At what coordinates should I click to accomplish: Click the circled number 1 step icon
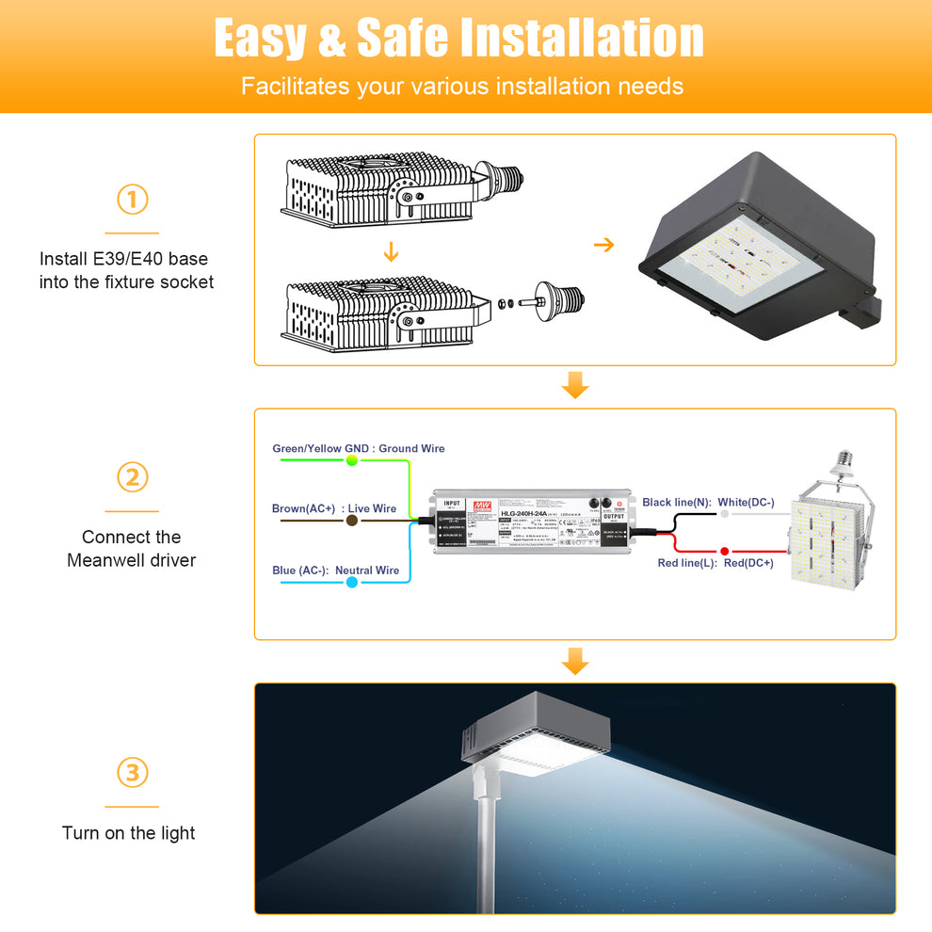pos(132,200)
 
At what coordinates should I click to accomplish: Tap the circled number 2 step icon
pos(132,477)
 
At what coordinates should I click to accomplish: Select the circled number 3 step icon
pos(132,773)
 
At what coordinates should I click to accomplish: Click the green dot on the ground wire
pos(352,460)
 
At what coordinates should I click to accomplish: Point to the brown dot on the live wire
pos(351,520)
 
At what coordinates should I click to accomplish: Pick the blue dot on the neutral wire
pos(351,583)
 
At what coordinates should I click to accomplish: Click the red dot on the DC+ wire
pos(724,551)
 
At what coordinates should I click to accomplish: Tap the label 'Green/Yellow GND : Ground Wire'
pos(358,448)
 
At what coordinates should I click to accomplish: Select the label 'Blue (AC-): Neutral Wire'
pos(335,570)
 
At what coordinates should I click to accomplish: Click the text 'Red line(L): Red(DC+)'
pos(715,563)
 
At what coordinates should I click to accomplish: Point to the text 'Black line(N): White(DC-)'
pos(708,503)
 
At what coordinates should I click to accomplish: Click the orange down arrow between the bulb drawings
pos(391,254)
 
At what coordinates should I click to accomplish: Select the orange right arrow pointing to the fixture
pos(603,245)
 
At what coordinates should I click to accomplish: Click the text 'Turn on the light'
pos(129,833)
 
